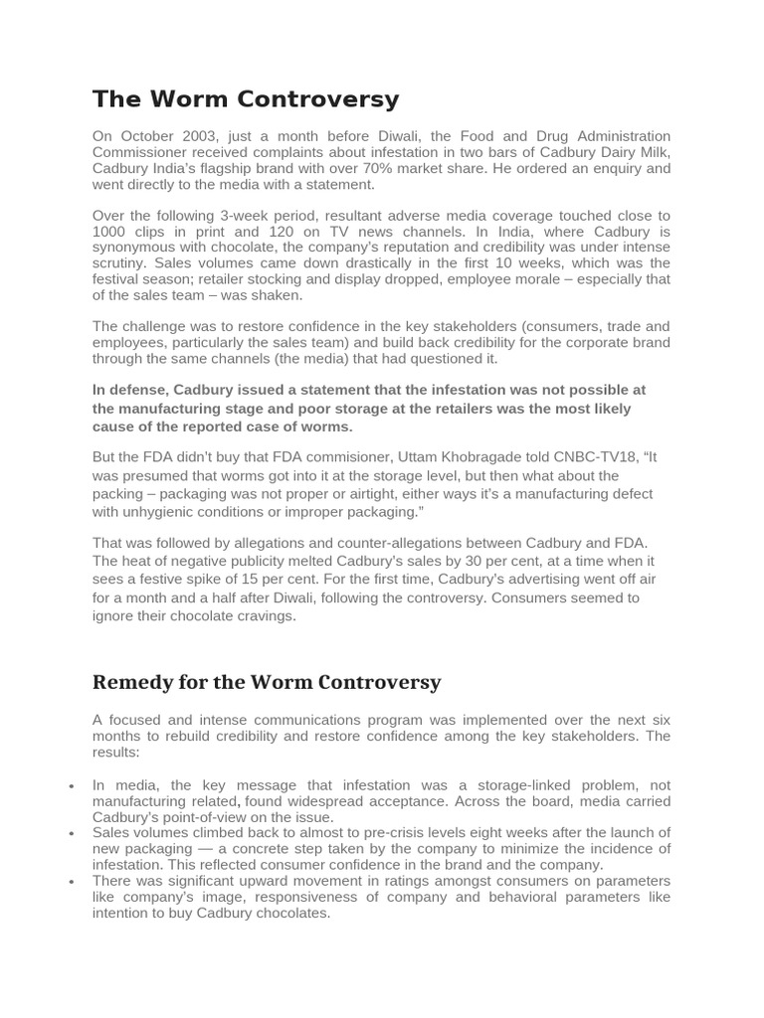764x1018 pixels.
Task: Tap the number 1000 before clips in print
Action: click(x=110, y=232)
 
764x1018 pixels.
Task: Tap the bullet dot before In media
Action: click(x=73, y=786)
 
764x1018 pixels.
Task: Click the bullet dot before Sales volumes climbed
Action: click(x=73, y=834)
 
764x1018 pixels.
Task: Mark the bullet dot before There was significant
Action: click(x=73, y=882)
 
